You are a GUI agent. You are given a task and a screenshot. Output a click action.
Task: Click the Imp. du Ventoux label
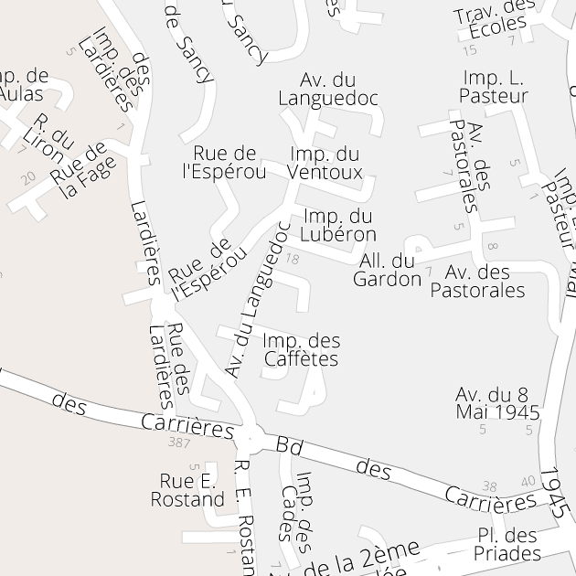click(325, 163)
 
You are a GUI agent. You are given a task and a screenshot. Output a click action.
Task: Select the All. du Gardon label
click(387, 270)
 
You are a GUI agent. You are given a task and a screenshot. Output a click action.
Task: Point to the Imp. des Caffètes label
click(301, 349)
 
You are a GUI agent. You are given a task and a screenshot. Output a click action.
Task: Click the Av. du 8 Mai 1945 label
click(497, 402)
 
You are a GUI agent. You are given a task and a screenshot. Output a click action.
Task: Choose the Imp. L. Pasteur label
click(495, 86)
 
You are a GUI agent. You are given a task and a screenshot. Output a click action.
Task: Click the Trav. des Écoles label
click(495, 18)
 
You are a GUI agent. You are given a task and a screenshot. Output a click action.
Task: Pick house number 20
click(28, 177)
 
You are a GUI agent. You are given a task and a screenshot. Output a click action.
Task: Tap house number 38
click(490, 486)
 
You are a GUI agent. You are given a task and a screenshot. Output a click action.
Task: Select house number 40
click(528, 481)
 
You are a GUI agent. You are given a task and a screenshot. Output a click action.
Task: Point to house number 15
click(469, 49)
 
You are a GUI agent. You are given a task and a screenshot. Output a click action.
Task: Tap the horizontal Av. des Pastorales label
click(477, 281)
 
